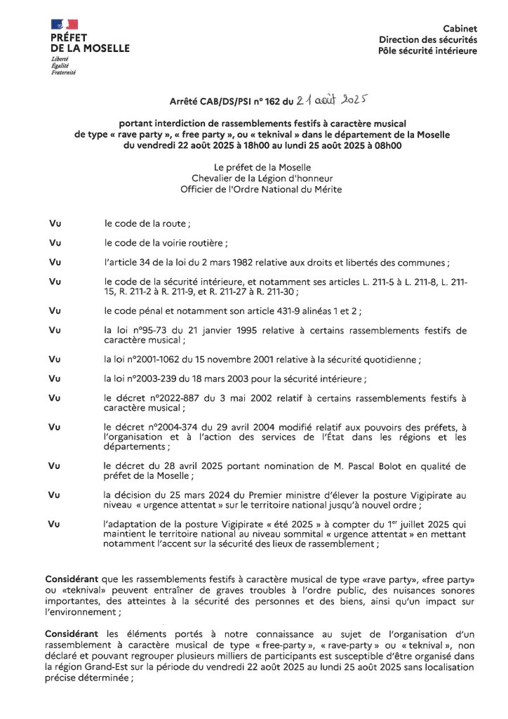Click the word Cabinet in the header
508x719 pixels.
tap(460, 29)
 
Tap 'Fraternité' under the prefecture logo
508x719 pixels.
tap(64, 73)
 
